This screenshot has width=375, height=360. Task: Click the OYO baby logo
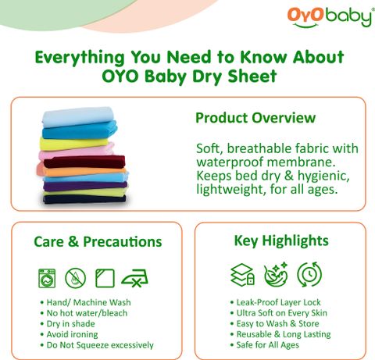coord(330,17)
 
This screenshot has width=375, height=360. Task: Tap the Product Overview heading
coord(255,118)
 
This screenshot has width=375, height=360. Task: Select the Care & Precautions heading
coord(98,241)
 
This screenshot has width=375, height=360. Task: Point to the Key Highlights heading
coord(281,241)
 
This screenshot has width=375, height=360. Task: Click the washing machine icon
coord(47,278)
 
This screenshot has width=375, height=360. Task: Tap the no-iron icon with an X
coord(134,278)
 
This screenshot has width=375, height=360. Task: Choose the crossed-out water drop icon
coord(75,278)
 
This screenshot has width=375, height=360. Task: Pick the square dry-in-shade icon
coord(105,278)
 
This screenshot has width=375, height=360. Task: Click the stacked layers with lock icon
coord(243,275)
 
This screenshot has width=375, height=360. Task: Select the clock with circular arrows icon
coord(309,274)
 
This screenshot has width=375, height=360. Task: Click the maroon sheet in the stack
coord(84,162)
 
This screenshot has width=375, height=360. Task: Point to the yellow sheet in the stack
coord(73,144)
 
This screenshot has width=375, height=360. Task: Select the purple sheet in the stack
coord(85,186)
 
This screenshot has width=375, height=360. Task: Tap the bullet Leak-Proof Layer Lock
coord(276,302)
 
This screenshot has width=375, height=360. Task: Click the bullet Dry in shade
coord(68,324)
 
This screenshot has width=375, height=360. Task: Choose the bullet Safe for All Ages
coord(265,345)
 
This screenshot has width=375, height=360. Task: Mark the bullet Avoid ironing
coord(70,334)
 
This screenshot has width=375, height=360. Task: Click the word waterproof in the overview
coord(230,162)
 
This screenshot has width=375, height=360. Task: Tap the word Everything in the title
coord(80,58)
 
